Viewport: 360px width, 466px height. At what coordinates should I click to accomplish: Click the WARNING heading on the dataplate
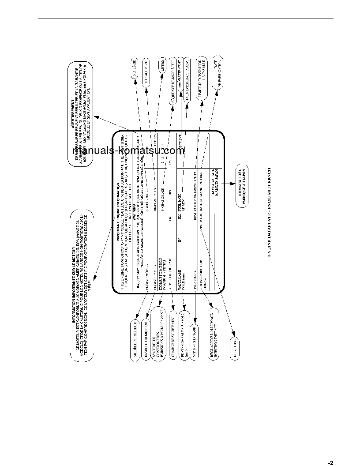[x=132, y=210]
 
